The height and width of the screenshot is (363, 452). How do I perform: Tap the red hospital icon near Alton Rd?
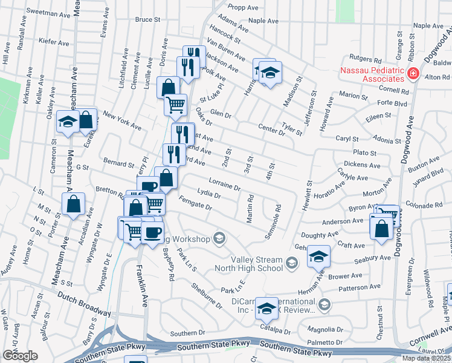tap(413, 74)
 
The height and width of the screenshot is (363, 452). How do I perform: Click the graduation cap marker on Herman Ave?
tap(318, 257)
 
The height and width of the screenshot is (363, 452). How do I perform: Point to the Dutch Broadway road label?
tap(85, 303)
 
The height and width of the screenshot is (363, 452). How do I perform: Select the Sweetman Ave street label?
tap(47, 11)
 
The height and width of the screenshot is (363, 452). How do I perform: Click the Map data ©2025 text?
tap(425, 358)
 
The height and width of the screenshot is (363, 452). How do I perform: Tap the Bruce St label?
tap(147, 19)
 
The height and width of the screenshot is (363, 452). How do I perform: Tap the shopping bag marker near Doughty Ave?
tap(382, 228)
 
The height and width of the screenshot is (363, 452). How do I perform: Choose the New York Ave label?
tap(121, 120)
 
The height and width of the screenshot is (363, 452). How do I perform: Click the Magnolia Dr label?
tap(325, 330)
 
